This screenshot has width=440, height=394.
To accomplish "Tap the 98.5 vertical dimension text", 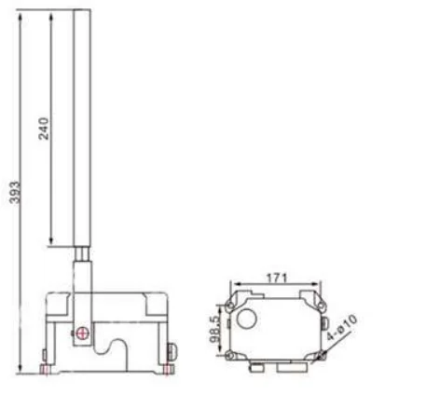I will coord(215,331).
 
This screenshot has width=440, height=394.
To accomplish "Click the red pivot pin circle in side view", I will coord(84,333).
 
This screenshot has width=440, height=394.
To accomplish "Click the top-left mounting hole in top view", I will coord(230,306).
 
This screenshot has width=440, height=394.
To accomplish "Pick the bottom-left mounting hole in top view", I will coord(230,358).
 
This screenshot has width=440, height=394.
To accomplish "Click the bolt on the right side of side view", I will coord(172,351).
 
